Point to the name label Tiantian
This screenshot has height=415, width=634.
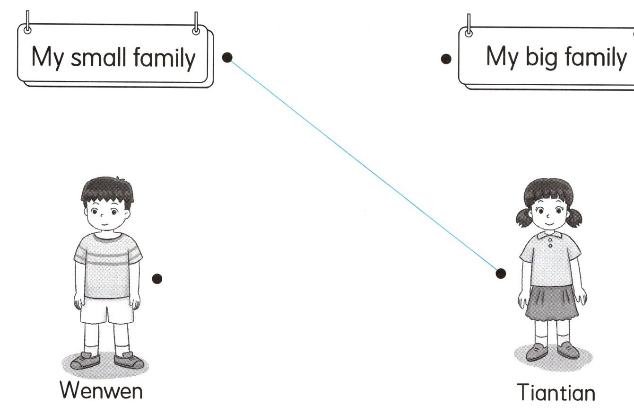(556, 393)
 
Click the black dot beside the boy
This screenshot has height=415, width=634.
(157, 279)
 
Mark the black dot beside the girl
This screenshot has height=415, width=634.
(501, 273)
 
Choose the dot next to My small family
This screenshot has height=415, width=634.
(227, 57)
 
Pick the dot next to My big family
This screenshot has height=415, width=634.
(445, 59)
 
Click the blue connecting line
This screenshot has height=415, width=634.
(364, 165)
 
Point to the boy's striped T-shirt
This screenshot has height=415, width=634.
(108, 263)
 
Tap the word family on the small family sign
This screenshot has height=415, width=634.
(164, 58)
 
